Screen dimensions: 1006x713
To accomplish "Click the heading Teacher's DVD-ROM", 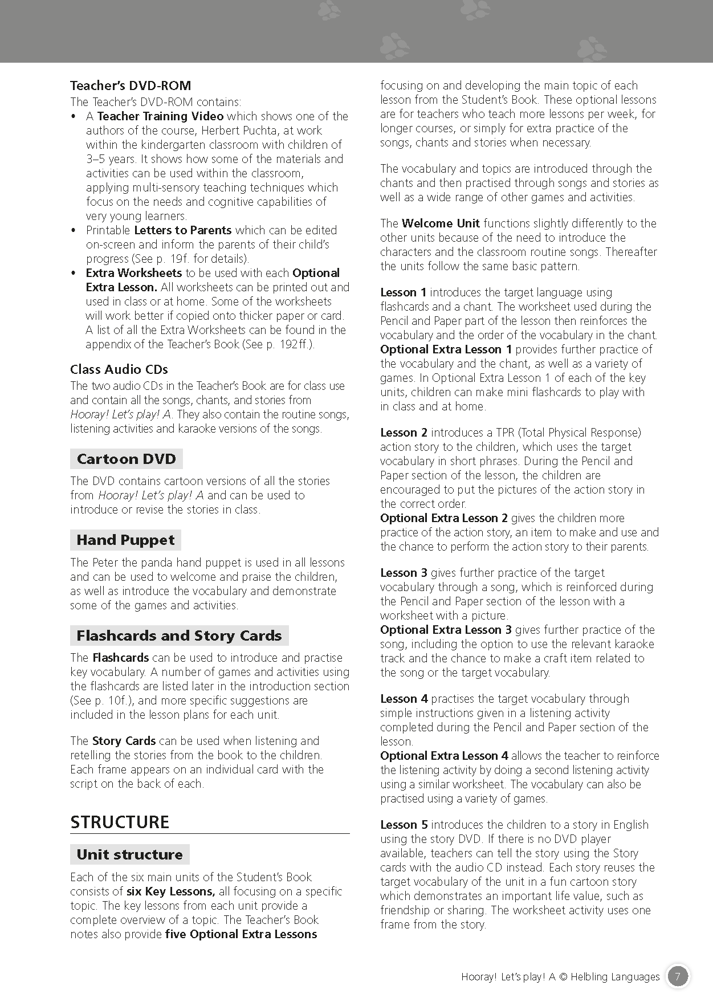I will coord(131,86).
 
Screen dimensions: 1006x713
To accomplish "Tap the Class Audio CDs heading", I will coord(119,369).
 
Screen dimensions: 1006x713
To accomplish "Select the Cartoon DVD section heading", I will coord(127,459).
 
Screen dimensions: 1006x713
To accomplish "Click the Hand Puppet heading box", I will coord(126,540).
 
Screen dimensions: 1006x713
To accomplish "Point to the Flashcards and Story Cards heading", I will coord(179,636).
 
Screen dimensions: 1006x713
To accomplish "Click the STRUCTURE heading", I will coord(120,822).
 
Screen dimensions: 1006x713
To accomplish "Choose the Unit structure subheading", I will coord(130,854).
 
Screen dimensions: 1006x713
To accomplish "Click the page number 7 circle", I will coord(677,976).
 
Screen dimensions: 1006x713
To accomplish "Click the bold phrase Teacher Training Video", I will coord(160,116).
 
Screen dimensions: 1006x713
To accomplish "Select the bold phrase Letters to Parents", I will coord(182,230).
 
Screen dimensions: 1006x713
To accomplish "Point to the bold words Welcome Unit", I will coord(441,223).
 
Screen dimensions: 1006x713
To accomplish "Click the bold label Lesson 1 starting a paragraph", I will coord(403,292).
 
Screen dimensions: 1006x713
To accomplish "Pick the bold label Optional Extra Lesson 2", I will coord(444,518).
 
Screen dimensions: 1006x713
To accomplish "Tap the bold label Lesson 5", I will coord(404,825).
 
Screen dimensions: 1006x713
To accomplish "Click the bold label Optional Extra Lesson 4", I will coord(444,756).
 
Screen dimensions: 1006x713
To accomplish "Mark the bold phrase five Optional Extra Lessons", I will coord(241,934).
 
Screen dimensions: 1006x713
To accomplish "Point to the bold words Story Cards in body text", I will coord(124,741).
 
